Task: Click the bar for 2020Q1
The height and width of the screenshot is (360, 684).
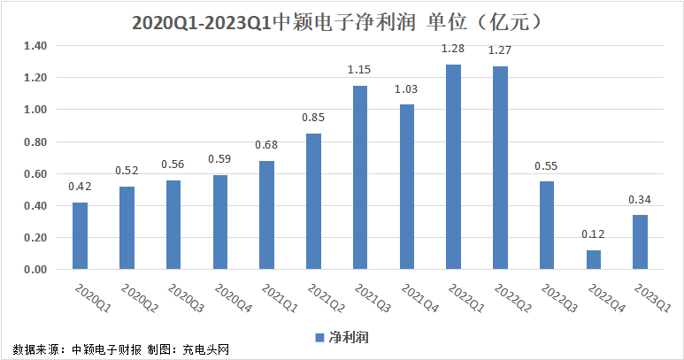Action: [x=80, y=235]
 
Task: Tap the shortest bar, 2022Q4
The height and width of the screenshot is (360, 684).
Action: [x=594, y=259]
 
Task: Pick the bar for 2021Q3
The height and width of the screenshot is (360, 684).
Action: [x=360, y=177]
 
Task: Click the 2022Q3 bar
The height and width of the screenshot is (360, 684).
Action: [x=547, y=225]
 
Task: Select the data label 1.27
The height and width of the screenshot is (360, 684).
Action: [x=501, y=52]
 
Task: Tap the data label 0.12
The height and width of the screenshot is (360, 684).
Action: [x=594, y=236]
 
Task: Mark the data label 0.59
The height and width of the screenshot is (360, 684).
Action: [x=219, y=160]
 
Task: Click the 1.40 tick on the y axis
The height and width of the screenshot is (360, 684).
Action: [x=35, y=46]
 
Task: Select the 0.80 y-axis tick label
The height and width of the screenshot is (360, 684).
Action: [x=35, y=142]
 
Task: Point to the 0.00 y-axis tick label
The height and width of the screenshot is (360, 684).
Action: [x=35, y=270]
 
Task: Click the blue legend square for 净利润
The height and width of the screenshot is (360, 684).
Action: [x=319, y=337]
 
